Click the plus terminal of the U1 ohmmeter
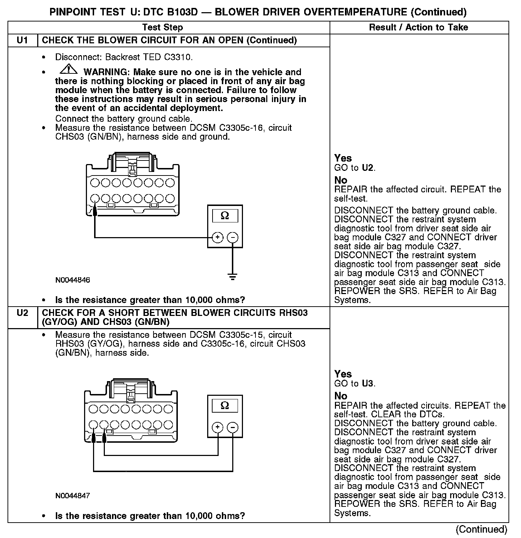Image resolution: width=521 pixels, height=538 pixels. [218, 237]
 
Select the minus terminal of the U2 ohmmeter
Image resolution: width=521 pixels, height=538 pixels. [233, 427]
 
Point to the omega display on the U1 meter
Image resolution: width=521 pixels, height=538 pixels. [225, 216]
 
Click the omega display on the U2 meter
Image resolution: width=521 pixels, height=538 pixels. [225, 405]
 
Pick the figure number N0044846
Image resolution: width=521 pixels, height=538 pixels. [73, 280]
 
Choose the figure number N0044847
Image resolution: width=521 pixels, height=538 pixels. [73, 496]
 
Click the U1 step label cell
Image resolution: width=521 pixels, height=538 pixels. [23, 40]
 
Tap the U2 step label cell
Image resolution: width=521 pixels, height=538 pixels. [23, 313]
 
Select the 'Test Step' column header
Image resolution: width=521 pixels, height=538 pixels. [162, 27]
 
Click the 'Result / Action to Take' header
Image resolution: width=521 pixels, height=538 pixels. [418, 27]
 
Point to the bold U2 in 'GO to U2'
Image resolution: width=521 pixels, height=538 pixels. [368, 168]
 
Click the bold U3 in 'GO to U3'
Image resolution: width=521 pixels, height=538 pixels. [368, 384]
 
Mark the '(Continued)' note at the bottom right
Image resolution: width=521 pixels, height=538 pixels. [482, 529]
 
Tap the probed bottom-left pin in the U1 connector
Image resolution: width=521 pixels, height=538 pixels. [95, 198]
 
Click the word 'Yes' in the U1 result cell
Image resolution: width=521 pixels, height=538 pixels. [343, 158]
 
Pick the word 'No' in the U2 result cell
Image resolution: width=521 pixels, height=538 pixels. [341, 396]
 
